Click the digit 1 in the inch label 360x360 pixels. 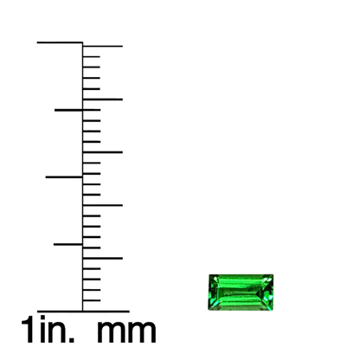tap(27, 329)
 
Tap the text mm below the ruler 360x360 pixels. tap(126, 331)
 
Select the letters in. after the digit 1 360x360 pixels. tap(57, 329)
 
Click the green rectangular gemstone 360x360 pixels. tap(241, 292)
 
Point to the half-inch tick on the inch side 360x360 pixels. tap(64, 177)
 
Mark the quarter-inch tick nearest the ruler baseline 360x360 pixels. tap(68, 244)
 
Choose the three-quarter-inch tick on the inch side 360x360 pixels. tap(68, 110)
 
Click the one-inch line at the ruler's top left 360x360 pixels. tap(60, 42)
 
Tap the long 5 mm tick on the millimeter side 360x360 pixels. tap(103, 258)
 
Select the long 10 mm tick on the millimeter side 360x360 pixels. tap(103, 205)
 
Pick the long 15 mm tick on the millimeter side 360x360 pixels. tap(103, 152)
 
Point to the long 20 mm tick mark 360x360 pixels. tap(103, 100)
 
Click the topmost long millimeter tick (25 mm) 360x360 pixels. tap(103, 46)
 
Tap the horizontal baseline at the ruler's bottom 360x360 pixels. tap(83, 312)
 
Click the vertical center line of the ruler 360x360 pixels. tap(83, 177)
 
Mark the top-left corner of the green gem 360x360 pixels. tap(209, 275)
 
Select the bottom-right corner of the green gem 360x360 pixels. tap(273, 310)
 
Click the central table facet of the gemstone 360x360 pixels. tap(238, 292)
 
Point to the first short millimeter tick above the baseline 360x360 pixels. tap(92, 300)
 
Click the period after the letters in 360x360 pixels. tap(72, 339)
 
